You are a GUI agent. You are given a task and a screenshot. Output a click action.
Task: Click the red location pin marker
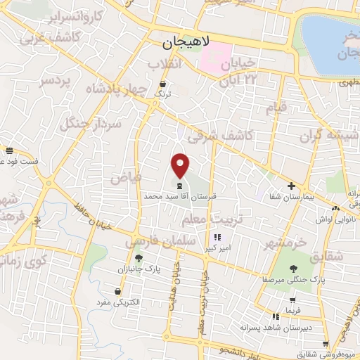point(181,165)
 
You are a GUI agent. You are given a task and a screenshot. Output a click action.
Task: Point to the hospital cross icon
point(291,186)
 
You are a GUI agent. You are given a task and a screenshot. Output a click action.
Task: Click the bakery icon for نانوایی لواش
point(336,207)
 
